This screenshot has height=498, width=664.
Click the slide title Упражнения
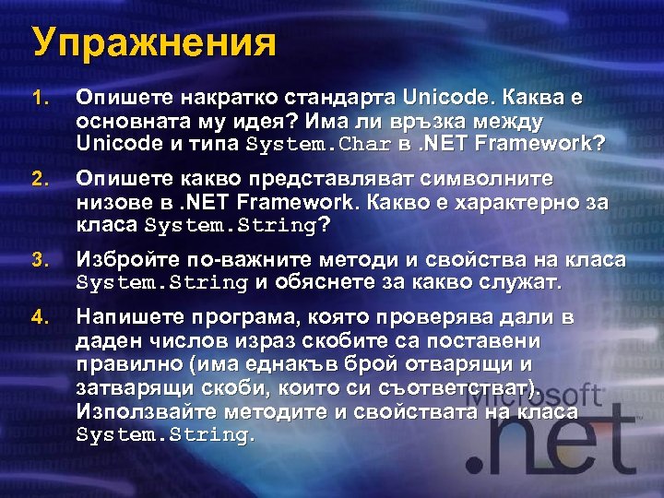coord(153,42)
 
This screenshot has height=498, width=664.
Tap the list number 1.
coord(38,98)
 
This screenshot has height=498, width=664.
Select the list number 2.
coord(38,179)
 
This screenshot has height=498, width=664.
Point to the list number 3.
coord(38,260)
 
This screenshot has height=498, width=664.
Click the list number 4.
coord(38,318)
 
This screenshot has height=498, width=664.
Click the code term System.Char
coord(319,146)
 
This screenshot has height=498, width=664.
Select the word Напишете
coord(128,318)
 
